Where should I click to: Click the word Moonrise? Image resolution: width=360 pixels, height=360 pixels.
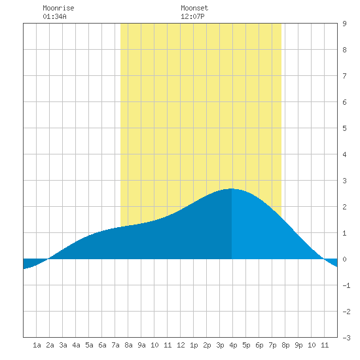click(58, 8)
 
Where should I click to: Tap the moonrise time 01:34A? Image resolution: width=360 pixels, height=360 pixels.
click(54, 16)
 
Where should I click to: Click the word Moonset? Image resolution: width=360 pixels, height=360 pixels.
click(194, 8)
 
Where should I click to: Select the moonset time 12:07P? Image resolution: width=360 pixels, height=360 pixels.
click(192, 16)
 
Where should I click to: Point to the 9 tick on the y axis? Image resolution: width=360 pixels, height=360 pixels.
click(344, 24)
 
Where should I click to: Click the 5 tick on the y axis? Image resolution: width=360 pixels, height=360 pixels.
click(344, 128)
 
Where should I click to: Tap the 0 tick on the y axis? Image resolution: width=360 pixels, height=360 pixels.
click(344, 259)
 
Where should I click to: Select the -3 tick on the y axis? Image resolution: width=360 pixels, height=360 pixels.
click(346, 338)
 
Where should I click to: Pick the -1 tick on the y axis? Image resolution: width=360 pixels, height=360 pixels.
click(346, 285)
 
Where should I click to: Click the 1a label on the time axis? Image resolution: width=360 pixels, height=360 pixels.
click(37, 345)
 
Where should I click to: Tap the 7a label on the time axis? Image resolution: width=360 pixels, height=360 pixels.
click(115, 345)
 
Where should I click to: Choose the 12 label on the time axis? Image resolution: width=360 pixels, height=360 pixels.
click(181, 345)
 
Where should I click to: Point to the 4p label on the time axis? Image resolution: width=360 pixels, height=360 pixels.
click(233, 345)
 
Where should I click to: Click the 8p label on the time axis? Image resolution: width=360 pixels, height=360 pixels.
click(285, 345)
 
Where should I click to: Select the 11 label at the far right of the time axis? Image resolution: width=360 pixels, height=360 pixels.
click(325, 345)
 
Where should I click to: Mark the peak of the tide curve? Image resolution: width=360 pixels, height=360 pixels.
click(232, 189)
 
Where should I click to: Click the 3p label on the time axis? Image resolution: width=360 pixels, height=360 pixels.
click(220, 345)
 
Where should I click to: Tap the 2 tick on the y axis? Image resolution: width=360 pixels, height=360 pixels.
click(344, 207)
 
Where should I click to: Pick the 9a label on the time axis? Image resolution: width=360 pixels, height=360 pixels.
click(141, 345)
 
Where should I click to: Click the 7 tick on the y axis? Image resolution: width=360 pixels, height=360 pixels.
click(344, 76)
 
